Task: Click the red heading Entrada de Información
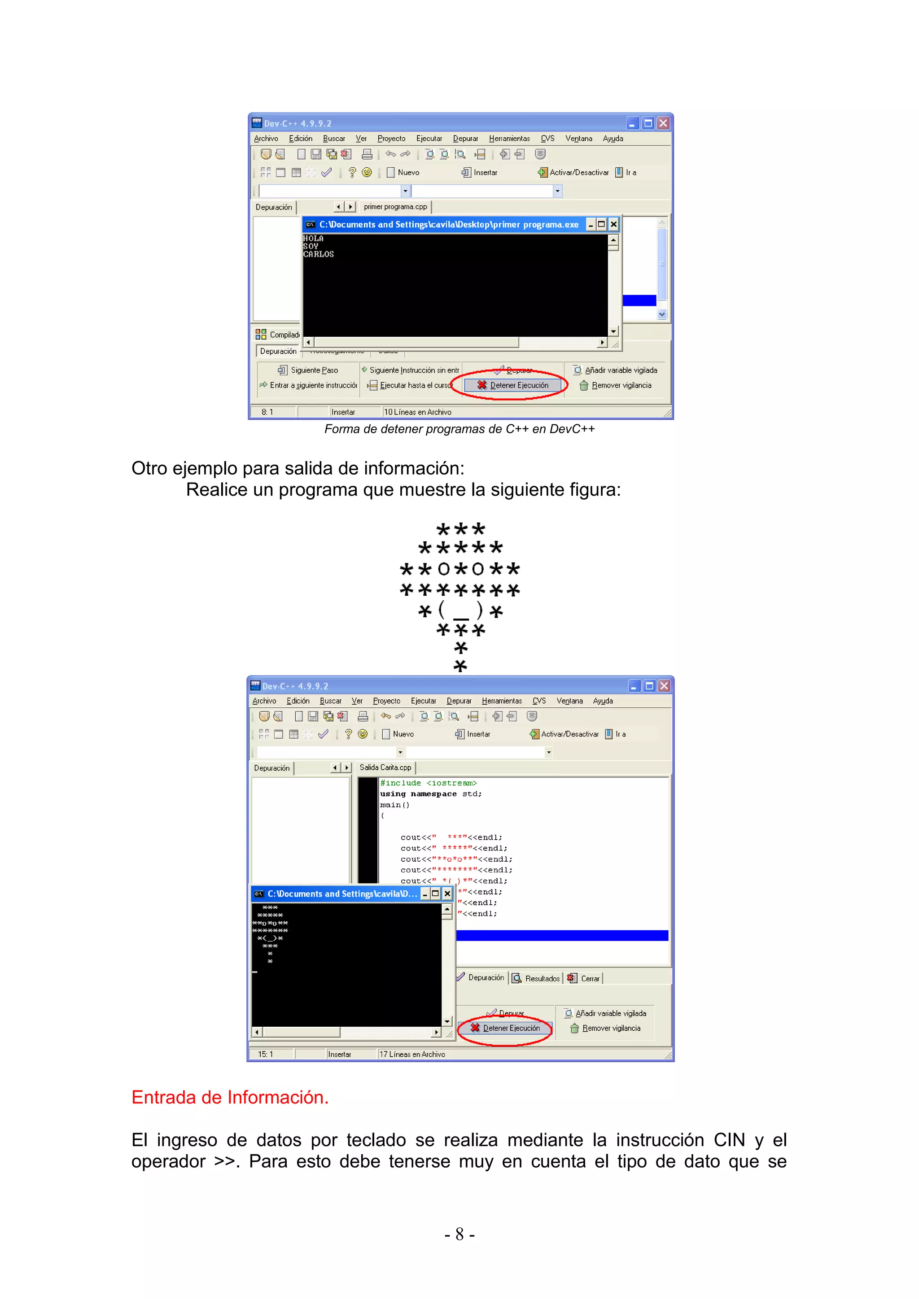click(230, 1097)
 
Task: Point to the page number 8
click(459, 1234)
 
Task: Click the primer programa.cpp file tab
click(395, 207)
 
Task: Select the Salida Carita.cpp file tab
click(385, 768)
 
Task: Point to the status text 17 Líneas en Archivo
click(412, 1054)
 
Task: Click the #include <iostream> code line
click(429, 783)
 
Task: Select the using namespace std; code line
click(431, 794)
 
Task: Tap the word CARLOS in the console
click(319, 255)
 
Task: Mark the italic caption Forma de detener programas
click(459, 429)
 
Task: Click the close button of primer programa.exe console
click(613, 225)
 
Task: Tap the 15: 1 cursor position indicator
click(265, 1054)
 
